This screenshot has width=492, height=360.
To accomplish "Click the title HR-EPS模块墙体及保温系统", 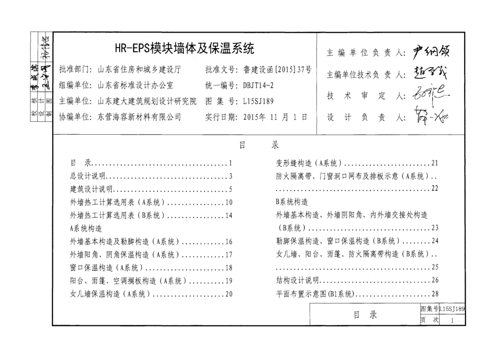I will point(184,49).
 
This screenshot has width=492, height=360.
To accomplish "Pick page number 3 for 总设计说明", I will point(230,176).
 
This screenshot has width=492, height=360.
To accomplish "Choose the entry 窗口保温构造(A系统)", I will point(106,268).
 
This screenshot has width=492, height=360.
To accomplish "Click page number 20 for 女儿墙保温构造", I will point(228,294).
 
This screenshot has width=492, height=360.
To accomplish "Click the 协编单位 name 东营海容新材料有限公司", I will point(139,117).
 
